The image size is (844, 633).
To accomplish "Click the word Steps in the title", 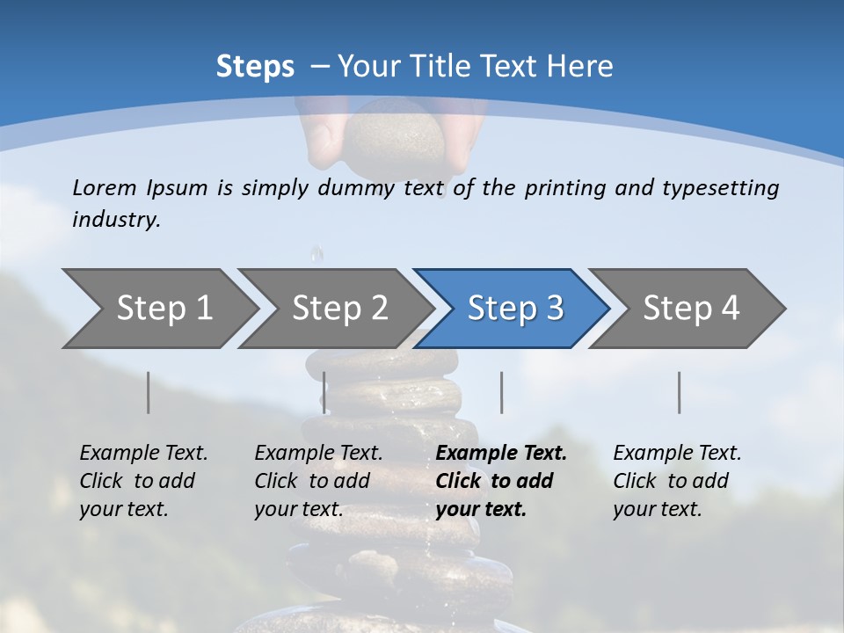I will tap(255, 67).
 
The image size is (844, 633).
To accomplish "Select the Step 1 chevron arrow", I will tap(164, 308).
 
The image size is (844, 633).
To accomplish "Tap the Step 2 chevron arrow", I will tap(339, 308).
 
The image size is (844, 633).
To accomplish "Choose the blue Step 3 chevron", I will tap(514, 308).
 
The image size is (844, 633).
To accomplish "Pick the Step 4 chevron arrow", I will tap(690, 308).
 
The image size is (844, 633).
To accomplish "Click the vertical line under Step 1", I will tap(149, 392).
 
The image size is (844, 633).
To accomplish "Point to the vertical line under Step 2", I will tap(324, 392).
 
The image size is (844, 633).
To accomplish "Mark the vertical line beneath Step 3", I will tap(502, 392).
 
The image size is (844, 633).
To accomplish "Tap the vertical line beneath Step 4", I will tap(680, 392).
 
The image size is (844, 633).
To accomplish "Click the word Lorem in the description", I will tap(104, 187).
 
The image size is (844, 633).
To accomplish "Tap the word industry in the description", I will tap(115, 220).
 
